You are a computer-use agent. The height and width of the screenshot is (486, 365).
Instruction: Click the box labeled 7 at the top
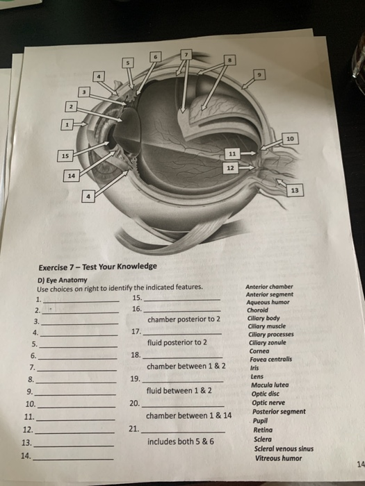click(186, 53)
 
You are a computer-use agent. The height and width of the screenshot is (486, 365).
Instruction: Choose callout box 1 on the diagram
click(66, 126)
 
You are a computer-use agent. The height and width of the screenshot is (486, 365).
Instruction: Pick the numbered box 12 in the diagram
click(231, 167)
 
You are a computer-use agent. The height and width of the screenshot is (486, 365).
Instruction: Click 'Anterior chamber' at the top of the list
click(270, 287)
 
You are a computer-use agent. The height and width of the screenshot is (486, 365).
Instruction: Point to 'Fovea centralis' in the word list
click(272, 359)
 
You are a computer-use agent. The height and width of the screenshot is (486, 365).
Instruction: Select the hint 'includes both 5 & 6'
click(181, 441)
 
